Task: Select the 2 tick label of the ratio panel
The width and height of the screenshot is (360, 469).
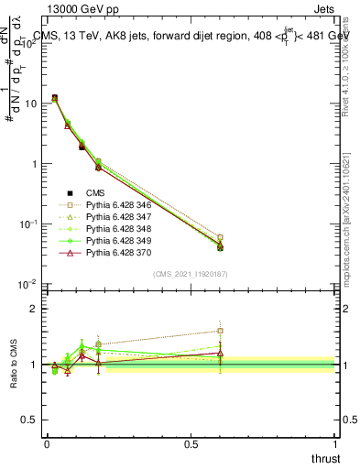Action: coord(34,309)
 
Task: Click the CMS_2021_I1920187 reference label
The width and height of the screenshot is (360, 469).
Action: coord(191,274)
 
